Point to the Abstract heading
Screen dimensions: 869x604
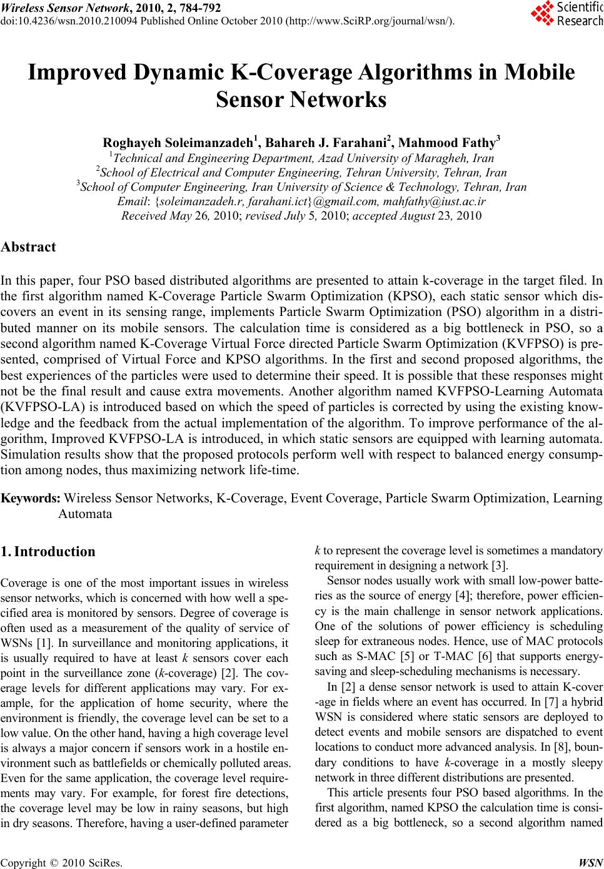pyautogui.click(x=29, y=246)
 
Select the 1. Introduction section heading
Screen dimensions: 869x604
pyautogui.click(x=48, y=552)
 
